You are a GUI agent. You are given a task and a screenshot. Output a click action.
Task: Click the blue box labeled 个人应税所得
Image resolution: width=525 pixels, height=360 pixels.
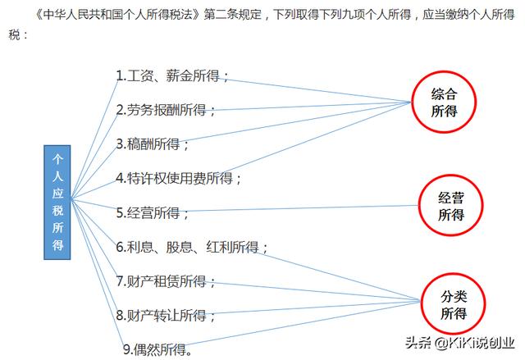click(57, 203)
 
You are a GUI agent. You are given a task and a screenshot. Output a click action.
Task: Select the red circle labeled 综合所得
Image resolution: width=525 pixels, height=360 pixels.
click(444, 102)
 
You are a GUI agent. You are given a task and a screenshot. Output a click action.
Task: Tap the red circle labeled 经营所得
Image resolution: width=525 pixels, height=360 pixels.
click(451, 206)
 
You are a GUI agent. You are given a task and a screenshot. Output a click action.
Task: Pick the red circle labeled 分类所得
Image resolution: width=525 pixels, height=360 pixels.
click(454, 303)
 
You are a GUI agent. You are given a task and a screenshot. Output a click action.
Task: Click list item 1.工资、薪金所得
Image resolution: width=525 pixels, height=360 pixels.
click(172, 76)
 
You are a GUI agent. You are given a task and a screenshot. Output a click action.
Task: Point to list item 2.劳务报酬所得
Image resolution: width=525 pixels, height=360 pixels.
click(166, 110)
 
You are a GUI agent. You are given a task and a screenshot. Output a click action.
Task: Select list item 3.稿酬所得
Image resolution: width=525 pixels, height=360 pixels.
click(153, 144)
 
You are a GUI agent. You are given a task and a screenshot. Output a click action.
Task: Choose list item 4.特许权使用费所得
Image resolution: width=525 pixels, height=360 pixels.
click(179, 178)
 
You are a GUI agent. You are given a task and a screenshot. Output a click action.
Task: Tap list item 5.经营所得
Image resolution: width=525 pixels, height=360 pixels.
click(153, 212)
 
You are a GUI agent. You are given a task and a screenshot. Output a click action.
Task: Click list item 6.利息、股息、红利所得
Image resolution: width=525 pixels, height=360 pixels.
click(192, 248)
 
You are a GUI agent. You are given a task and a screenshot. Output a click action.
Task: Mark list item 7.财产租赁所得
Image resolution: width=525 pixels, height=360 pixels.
click(166, 281)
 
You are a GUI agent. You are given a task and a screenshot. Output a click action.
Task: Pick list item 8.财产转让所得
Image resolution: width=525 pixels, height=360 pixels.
click(166, 316)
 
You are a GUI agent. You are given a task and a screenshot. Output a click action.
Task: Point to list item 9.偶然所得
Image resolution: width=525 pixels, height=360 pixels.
click(157, 349)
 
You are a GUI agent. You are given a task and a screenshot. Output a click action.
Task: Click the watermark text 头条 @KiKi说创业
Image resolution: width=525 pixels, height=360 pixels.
click(460, 343)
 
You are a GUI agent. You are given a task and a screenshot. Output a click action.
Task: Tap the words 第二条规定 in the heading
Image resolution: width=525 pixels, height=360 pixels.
click(232, 15)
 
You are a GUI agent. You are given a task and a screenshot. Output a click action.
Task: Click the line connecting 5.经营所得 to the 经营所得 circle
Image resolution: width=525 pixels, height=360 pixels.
click(301, 208)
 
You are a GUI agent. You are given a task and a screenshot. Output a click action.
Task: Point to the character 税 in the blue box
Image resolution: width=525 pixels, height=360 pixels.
click(57, 211)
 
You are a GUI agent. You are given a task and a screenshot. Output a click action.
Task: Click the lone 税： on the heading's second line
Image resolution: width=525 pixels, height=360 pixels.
click(18, 34)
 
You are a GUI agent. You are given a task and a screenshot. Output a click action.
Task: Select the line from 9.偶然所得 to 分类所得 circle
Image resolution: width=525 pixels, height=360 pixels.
click(303, 323)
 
